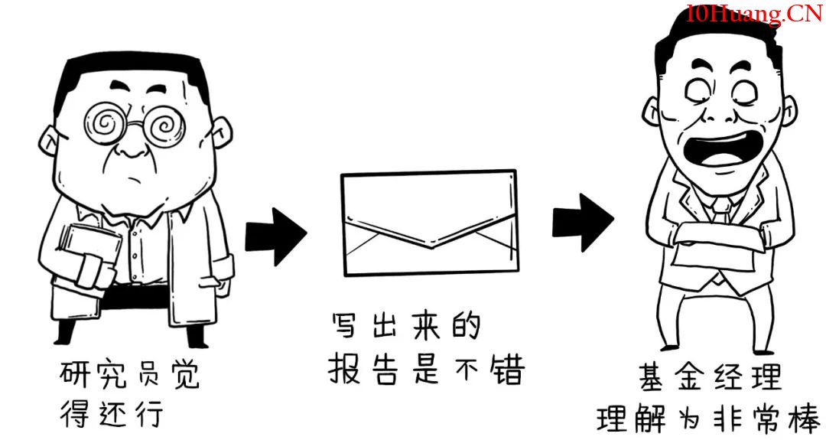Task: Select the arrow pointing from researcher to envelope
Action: click(275, 236)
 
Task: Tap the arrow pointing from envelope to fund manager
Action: click(583, 222)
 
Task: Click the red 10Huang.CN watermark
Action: click(754, 14)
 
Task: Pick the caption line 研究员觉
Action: click(129, 374)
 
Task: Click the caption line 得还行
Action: click(111, 414)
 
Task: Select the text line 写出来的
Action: click(405, 326)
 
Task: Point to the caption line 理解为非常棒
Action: click(709, 419)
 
